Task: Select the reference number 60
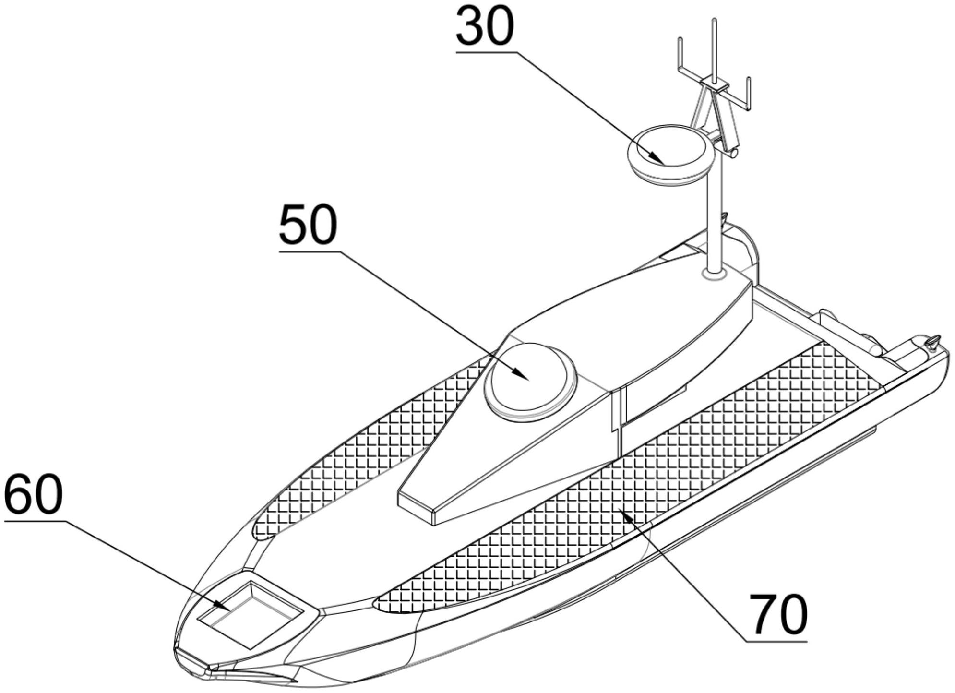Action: tap(34, 494)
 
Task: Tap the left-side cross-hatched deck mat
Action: tap(365, 446)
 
